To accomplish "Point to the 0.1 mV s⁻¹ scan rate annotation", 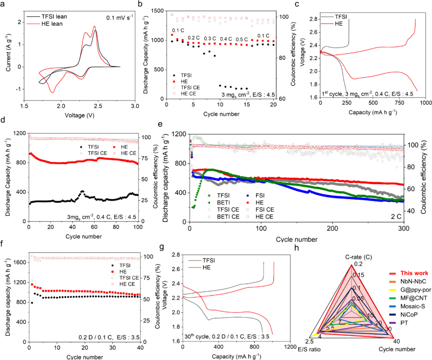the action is pos(120,17).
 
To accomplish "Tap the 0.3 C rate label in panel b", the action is pos(210,39).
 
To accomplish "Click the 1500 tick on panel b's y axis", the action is pos(157,11).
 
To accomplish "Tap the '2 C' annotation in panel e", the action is pos(396,217).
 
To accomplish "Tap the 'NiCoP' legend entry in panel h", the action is pos(409,314).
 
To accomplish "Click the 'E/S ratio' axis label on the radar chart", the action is pos(310,349).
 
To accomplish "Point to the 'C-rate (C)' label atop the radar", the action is pos(359,257).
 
